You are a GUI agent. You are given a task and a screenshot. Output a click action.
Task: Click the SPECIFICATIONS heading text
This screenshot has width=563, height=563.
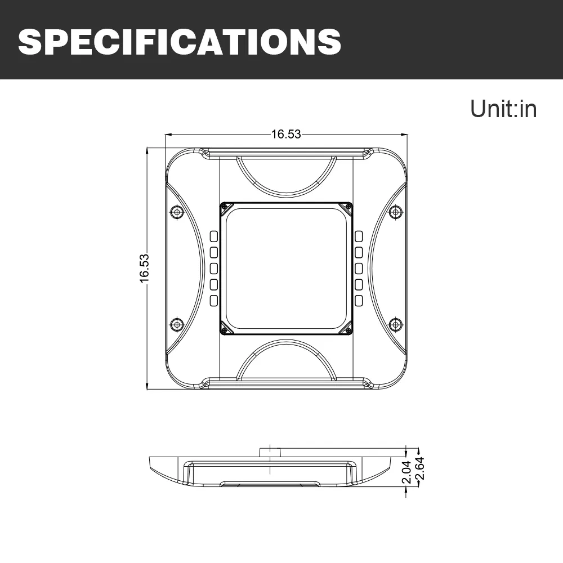click(x=180, y=40)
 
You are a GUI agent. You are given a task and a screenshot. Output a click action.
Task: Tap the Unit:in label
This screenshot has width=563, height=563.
click(x=503, y=109)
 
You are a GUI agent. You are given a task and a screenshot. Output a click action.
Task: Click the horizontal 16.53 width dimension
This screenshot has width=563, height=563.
click(x=286, y=134)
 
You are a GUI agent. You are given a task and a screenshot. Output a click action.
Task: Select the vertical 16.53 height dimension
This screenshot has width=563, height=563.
click(x=145, y=268)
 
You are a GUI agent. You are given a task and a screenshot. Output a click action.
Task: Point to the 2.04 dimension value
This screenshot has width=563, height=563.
click(x=407, y=472)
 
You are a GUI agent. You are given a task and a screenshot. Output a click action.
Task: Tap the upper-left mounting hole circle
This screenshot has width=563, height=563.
click(x=177, y=212)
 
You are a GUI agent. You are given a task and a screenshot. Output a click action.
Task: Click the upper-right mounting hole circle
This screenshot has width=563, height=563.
click(x=395, y=212)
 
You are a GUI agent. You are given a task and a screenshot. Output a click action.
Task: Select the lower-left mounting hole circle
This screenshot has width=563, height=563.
click(x=177, y=325)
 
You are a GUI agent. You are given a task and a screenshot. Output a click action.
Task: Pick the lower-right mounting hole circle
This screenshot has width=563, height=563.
click(x=395, y=325)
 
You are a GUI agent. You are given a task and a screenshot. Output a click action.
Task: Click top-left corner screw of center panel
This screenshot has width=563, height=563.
click(x=225, y=207)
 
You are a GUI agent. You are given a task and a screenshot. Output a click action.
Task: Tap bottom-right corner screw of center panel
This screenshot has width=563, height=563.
click(x=348, y=330)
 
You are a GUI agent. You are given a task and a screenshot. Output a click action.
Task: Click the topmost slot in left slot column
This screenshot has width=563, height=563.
click(x=214, y=236)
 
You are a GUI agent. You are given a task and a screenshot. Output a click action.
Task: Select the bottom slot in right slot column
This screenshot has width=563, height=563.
click(x=359, y=301)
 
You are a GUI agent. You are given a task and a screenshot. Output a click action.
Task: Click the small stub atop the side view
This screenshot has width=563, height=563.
click(x=271, y=452)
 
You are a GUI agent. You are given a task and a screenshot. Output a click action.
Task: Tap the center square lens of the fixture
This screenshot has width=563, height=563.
click(x=286, y=268)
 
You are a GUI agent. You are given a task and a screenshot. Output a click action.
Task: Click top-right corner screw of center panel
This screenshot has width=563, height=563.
click(x=348, y=207)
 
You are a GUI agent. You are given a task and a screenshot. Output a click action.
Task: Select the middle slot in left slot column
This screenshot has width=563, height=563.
click(x=214, y=268)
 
